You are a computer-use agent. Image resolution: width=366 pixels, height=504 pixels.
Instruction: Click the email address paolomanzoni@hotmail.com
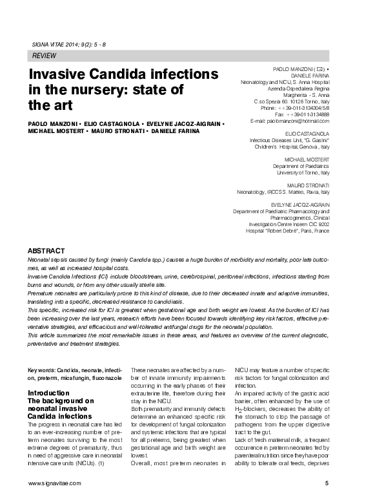[x=289, y=121]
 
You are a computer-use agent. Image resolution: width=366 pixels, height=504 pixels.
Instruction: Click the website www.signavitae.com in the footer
[x=55, y=483]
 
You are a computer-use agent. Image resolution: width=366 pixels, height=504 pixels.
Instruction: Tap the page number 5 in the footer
[x=327, y=483]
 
